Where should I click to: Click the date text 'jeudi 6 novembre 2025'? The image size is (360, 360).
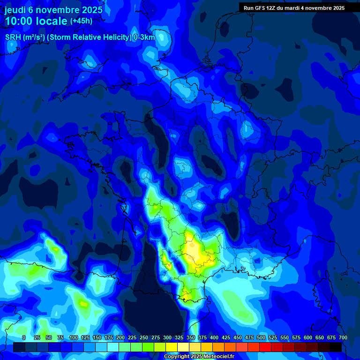[x=53, y=8]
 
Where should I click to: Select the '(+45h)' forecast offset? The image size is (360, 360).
[x=82, y=21]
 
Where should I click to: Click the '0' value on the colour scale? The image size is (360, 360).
[x=24, y=337]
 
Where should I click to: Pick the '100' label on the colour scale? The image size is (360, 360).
[x=73, y=337]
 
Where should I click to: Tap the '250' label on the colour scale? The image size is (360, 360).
[x=144, y=337]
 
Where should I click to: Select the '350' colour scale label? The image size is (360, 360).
[x=191, y=337]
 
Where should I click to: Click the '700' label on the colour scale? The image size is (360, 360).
[x=343, y=337]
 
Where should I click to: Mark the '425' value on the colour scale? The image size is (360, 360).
[x=226, y=337]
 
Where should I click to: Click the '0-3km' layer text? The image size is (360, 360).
[x=144, y=37]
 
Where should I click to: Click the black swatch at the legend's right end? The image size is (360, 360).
[x=336, y=347]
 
